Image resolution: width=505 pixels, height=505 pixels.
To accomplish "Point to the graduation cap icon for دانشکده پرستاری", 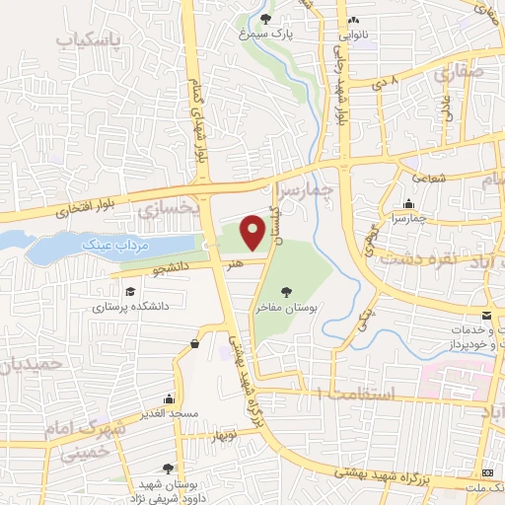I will tap(130, 291).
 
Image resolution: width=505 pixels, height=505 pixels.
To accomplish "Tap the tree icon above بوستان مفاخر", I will tap(286, 292).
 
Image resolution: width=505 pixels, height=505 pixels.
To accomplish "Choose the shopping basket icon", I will tap(195, 343).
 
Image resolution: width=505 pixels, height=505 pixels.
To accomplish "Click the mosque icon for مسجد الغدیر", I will tap(170, 398).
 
